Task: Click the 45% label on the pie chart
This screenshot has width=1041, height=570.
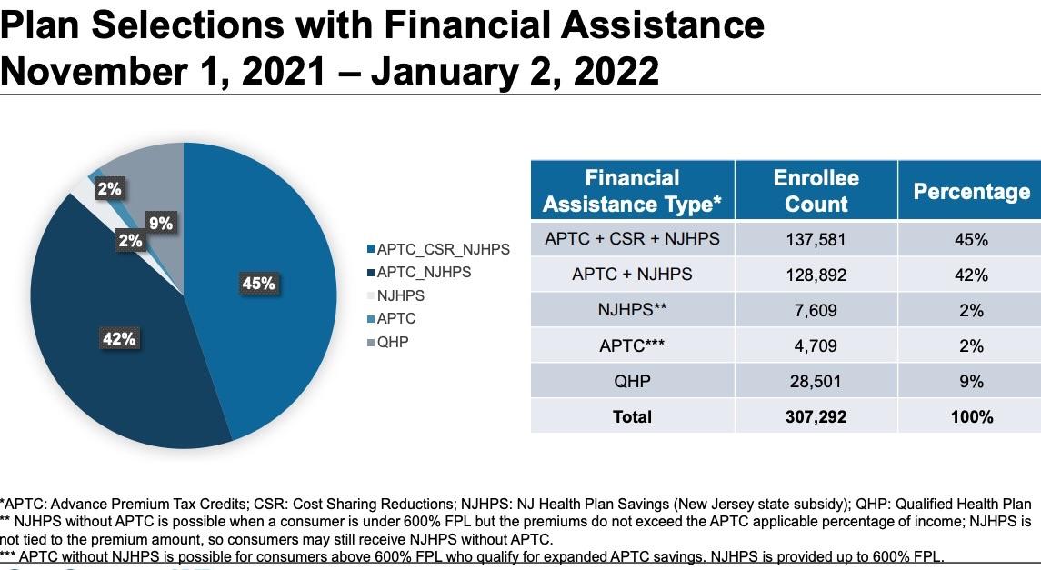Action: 258,284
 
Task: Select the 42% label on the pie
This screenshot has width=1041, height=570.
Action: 119,339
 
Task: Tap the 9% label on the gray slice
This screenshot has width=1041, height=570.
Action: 161,224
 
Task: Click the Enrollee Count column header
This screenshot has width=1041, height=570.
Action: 816,190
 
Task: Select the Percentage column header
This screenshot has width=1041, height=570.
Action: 971,192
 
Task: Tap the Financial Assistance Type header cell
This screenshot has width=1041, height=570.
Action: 632,190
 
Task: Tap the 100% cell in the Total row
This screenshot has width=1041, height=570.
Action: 971,417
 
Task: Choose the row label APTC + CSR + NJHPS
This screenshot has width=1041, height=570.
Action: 632,239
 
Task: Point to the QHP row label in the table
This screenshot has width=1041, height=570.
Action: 632,382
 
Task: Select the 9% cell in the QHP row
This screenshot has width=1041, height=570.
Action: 971,382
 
